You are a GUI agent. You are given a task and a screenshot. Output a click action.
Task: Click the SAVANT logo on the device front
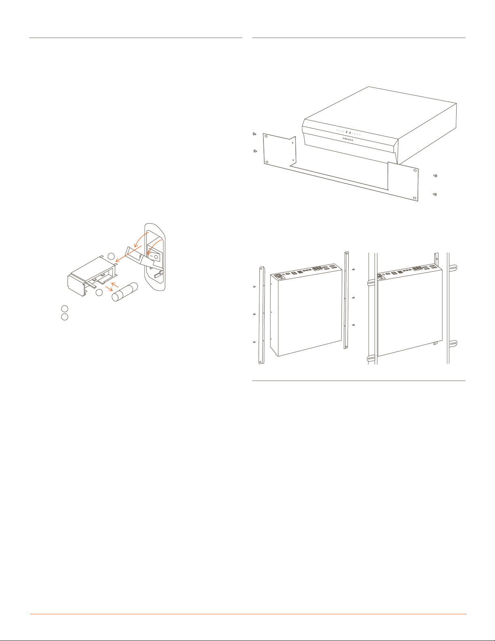pos(348,139)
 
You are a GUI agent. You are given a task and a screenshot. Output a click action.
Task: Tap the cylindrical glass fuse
pos(125,292)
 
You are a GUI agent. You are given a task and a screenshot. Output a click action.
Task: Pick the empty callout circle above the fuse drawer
pos(111,256)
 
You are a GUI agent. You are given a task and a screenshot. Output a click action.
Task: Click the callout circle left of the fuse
pos(99,293)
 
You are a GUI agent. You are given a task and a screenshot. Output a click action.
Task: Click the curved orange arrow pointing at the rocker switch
pos(154,246)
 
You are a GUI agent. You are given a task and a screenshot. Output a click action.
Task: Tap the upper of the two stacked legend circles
pos(65,309)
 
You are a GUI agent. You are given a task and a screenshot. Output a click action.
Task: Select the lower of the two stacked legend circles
pos(65,317)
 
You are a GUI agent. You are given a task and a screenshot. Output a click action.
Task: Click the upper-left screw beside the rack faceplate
pos(254,134)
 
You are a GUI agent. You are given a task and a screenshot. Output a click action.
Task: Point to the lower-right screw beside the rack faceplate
pos(435,195)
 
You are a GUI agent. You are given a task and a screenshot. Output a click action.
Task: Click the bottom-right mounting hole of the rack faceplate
pos(415,198)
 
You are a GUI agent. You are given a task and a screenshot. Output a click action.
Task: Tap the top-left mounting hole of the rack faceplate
pos(266,137)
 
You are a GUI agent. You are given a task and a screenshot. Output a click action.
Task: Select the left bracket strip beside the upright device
pos(261,315)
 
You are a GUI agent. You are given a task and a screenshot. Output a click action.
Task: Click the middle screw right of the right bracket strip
pos(353,298)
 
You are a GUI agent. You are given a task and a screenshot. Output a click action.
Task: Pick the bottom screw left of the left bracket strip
pos(254,342)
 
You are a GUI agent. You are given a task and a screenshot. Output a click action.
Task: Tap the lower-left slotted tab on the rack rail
pos(371,358)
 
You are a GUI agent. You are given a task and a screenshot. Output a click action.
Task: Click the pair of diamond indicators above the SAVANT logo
pos(348,132)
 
